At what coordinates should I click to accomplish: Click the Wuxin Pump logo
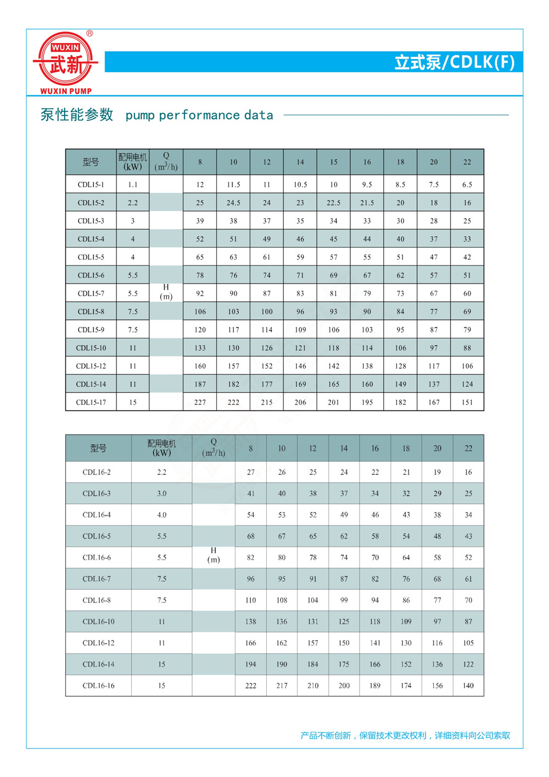[65, 62]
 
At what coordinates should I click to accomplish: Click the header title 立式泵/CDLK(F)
[454, 62]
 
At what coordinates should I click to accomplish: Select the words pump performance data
[199, 115]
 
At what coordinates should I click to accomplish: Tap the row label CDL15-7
[91, 293]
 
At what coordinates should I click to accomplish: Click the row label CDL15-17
[91, 402]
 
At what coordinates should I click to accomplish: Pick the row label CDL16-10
[98, 621]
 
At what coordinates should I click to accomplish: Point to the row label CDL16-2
[97, 472]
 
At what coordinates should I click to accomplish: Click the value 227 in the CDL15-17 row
[200, 402]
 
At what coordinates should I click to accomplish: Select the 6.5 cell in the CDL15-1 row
[467, 185]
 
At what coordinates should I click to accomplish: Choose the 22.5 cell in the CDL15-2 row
[333, 203]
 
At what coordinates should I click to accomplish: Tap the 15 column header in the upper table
[333, 162]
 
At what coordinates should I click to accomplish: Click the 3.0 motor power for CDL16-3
[161, 493]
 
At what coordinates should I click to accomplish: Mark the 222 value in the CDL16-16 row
[250, 686]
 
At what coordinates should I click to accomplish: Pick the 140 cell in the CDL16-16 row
[468, 686]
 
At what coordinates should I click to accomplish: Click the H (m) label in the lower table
[214, 555]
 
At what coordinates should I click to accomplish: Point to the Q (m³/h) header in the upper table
[166, 162]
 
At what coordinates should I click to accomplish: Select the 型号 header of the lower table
[98, 448]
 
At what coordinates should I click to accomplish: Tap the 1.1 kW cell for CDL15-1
[133, 185]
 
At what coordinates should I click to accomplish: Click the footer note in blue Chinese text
[405, 735]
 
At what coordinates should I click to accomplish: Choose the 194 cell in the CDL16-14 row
[250, 664]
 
